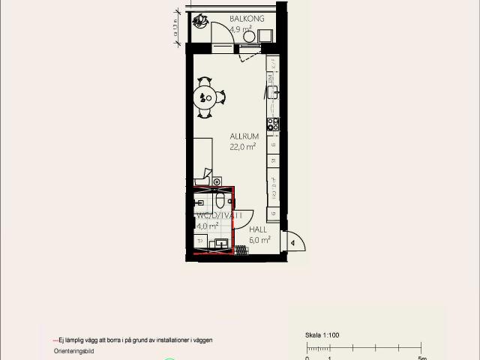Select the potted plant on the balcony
(x=199, y=21)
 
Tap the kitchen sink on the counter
(x=273, y=92)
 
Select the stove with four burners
(x=273, y=124)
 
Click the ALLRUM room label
(x=244, y=136)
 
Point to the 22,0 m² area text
(x=243, y=148)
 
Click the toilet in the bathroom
(x=220, y=200)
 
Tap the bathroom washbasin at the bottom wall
(x=222, y=244)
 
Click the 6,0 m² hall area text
(x=259, y=241)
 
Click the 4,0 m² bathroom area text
(x=208, y=225)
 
